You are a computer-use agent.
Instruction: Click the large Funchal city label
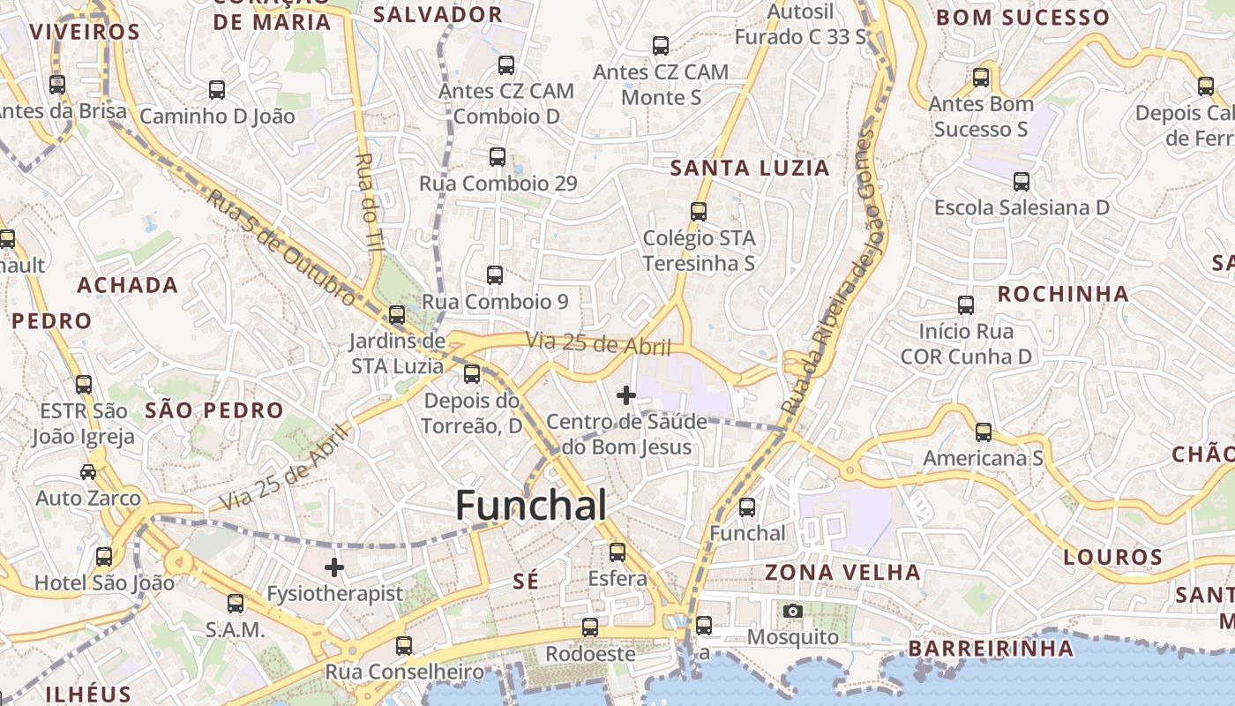click(x=531, y=506)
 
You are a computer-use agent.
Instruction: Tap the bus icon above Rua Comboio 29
click(x=498, y=157)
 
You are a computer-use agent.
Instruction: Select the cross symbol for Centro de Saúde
click(x=626, y=394)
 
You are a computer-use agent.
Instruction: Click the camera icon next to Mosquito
click(x=792, y=611)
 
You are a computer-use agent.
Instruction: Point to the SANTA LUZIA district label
click(x=750, y=168)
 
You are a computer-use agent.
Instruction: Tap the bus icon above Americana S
click(x=983, y=432)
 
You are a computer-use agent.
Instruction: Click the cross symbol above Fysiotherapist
click(x=334, y=567)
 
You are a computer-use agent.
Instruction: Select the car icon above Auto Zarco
click(x=88, y=472)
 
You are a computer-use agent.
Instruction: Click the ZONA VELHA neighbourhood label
click(x=842, y=572)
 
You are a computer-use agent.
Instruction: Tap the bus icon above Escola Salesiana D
click(x=1021, y=182)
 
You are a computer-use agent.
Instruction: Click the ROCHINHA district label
click(x=1062, y=294)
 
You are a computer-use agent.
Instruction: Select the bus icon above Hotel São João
click(x=104, y=557)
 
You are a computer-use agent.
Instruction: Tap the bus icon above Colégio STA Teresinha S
click(x=699, y=212)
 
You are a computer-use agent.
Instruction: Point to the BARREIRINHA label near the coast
click(x=991, y=649)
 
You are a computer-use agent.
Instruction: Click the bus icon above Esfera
click(x=617, y=552)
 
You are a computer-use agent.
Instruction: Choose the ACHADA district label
click(x=128, y=285)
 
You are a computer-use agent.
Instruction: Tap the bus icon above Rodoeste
click(x=589, y=627)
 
